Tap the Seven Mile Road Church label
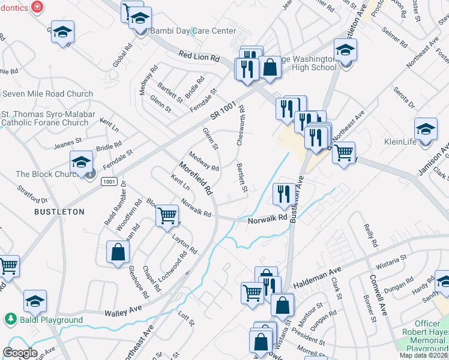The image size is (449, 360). [x=48, y=94]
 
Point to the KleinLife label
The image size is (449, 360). [x=408, y=143]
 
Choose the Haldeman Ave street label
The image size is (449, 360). [x=315, y=275]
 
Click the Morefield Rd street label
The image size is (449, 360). [x=196, y=178]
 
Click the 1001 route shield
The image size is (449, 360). [x=109, y=181]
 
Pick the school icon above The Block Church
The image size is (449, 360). [x=81, y=162]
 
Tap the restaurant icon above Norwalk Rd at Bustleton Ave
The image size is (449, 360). [x=284, y=193]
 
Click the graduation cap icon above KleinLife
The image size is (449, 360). [x=426, y=128]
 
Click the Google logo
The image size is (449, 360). [x=20, y=353]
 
